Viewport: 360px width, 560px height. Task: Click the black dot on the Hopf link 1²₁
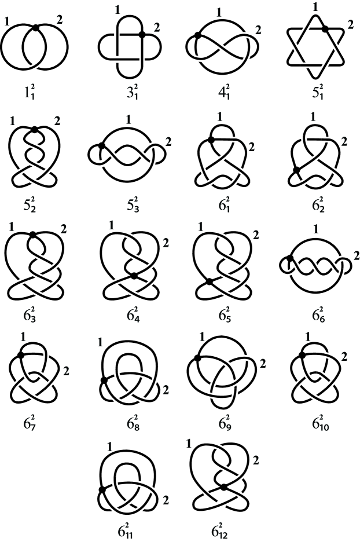[35, 27]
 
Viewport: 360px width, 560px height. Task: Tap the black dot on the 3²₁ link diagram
[142, 35]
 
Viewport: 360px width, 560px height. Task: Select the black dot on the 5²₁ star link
[325, 29]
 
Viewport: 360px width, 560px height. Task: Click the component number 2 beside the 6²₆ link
[356, 255]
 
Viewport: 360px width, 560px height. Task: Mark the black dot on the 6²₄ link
[134, 276]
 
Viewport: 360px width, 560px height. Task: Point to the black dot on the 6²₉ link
[198, 358]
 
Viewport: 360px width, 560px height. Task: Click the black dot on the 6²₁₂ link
[224, 486]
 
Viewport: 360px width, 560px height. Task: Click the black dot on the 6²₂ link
[296, 170]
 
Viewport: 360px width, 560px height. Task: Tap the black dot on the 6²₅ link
[210, 282]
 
